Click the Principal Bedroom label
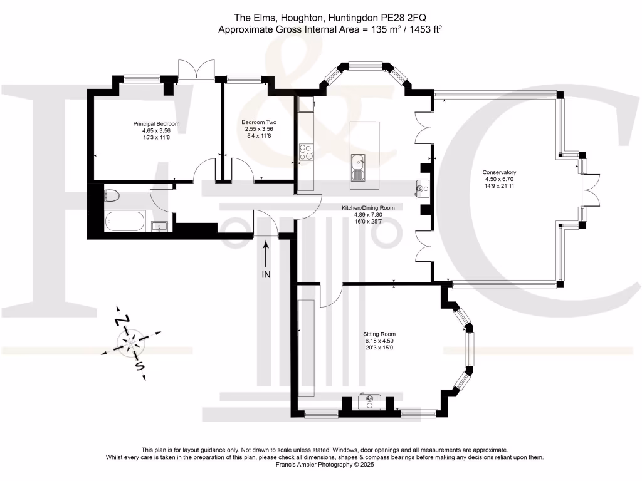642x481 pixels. [156, 124]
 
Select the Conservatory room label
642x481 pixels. [498, 172]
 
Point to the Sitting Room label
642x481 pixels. [379, 334]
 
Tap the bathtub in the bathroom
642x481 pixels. [125, 220]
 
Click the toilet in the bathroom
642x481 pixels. [111, 195]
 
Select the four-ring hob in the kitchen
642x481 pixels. [306, 152]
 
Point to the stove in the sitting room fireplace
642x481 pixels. [367, 400]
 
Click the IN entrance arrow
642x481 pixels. [266, 253]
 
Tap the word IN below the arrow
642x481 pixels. [266, 274]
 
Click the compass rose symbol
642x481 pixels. [130, 343]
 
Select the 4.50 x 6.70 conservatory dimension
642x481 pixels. [498, 179]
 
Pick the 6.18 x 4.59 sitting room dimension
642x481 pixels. [379, 341]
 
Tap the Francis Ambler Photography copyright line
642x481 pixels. [320, 465]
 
